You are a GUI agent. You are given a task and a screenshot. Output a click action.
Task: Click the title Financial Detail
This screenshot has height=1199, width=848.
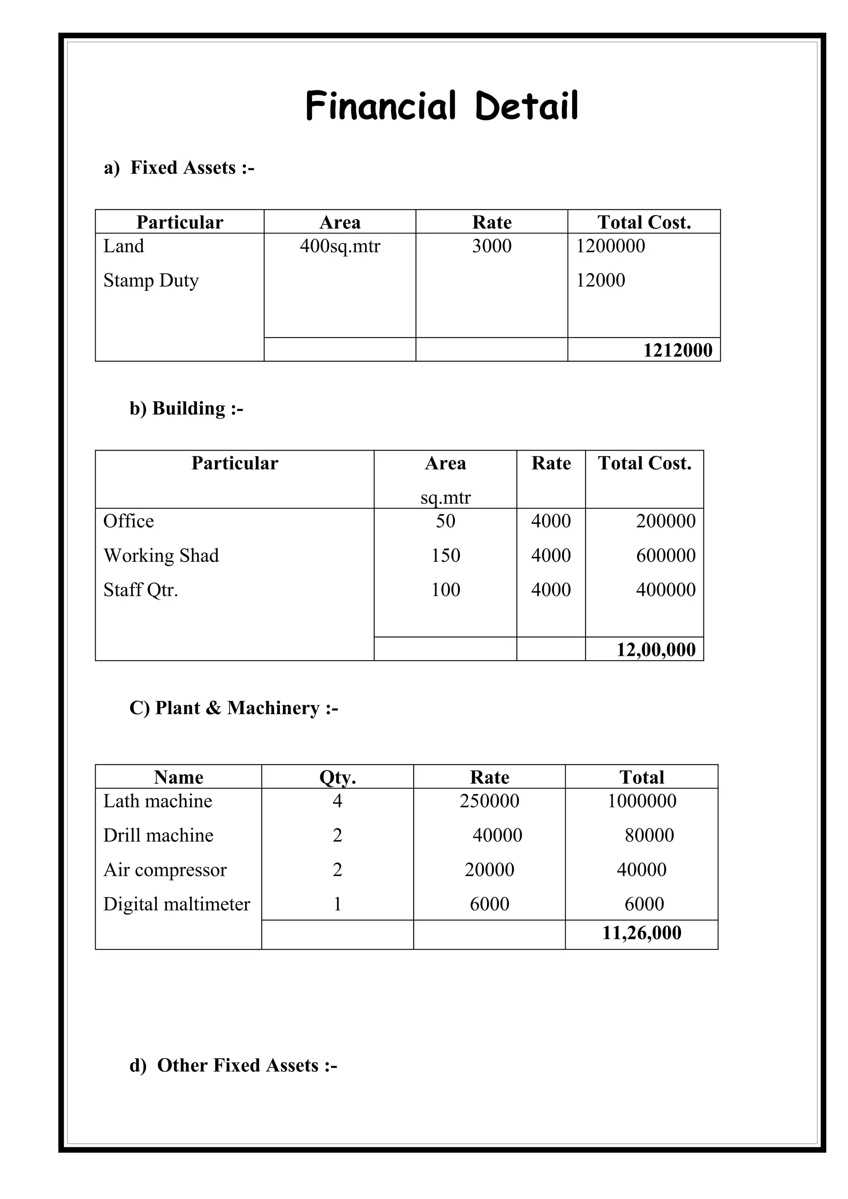(441, 106)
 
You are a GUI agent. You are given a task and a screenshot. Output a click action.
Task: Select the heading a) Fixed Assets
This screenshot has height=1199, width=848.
(179, 168)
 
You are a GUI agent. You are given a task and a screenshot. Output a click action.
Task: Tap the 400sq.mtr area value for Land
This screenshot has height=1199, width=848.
(340, 246)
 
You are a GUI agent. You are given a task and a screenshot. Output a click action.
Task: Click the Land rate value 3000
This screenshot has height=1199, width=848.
(491, 246)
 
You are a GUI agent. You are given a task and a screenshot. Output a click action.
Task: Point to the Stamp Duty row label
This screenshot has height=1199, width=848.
(151, 281)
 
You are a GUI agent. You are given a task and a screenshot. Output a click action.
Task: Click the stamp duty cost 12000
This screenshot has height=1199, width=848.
(600, 281)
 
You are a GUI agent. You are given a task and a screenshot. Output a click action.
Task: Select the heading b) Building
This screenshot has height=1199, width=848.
(186, 408)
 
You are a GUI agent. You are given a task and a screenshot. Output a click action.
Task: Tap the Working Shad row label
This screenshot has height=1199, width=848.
(161, 556)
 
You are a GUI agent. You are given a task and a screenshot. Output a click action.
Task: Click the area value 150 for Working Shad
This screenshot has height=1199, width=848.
(445, 556)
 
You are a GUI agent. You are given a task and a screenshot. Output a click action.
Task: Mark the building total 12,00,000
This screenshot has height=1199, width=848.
(656, 650)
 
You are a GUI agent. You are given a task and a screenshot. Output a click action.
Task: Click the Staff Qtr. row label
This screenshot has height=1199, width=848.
(140, 590)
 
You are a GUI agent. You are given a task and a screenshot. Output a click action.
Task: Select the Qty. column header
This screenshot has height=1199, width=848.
(337, 777)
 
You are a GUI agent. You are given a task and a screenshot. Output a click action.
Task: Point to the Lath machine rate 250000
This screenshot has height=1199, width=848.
(489, 801)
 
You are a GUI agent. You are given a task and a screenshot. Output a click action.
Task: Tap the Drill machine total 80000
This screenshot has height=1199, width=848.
(649, 836)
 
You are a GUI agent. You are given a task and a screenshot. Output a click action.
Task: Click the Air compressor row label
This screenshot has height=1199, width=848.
(165, 870)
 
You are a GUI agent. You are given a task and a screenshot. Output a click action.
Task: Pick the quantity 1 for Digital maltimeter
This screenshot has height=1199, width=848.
(337, 904)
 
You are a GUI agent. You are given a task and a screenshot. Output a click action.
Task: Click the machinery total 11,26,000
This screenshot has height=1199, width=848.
(642, 933)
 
